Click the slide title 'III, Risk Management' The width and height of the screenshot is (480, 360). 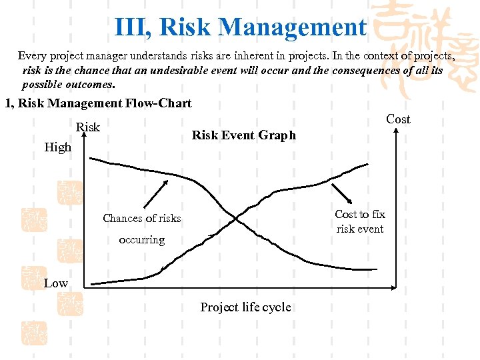(x=240, y=27)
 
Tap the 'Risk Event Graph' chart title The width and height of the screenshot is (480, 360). (x=243, y=135)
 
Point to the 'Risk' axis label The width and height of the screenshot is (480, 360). (x=88, y=127)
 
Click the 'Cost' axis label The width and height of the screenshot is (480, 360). (x=398, y=119)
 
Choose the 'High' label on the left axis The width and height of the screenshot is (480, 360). (x=58, y=147)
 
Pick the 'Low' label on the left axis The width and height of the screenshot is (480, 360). (x=56, y=283)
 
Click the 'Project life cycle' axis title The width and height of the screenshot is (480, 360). (x=245, y=307)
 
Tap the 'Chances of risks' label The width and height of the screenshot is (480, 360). (x=141, y=218)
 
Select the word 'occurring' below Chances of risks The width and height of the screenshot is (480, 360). (x=141, y=239)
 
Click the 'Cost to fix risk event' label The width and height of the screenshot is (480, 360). (x=360, y=221)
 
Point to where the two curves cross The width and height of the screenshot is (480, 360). (x=235, y=219)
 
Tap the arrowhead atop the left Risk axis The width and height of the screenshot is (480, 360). (x=85, y=134)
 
